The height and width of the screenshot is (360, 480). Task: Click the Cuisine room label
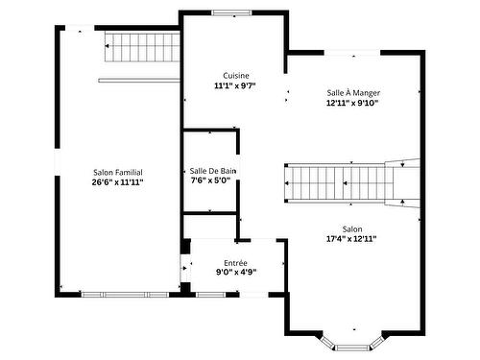233,75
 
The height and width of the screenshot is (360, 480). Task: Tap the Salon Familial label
118,171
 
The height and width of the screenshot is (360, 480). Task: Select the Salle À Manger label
352,92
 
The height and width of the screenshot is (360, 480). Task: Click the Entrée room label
235,262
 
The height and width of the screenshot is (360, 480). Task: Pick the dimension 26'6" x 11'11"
118,181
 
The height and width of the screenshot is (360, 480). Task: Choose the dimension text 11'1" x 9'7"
233,85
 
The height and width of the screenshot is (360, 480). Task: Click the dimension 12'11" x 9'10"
352,103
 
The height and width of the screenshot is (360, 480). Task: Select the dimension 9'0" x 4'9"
235,273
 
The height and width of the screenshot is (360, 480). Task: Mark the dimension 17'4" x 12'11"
352,239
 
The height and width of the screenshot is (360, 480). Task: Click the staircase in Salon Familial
140,45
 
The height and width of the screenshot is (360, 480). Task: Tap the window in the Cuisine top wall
231,12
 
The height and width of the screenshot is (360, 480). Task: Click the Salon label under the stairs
352,228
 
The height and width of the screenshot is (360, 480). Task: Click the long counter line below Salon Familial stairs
138,79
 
